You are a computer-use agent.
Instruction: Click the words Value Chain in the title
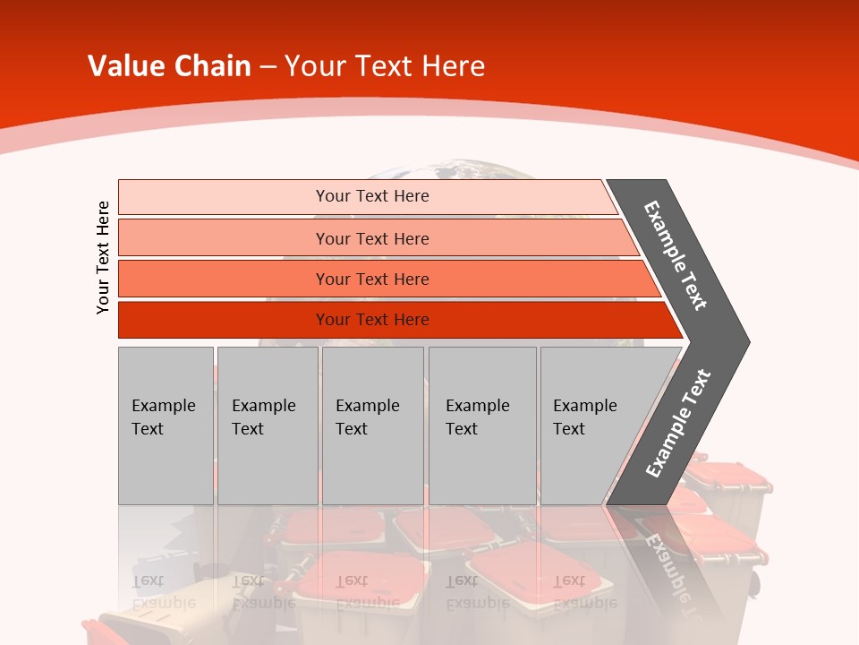169,65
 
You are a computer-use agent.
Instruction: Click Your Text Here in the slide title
385,65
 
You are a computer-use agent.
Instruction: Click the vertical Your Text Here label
103,257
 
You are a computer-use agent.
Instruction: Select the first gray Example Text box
166,426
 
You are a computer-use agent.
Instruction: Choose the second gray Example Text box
267,426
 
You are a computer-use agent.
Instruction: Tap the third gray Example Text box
372,426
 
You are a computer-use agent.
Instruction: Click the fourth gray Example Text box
481,426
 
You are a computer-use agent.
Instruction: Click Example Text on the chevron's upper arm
676,255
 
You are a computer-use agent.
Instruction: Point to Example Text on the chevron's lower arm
677,423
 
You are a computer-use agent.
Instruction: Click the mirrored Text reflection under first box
148,580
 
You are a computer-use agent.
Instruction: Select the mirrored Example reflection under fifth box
585,602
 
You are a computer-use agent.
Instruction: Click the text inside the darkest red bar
372,320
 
